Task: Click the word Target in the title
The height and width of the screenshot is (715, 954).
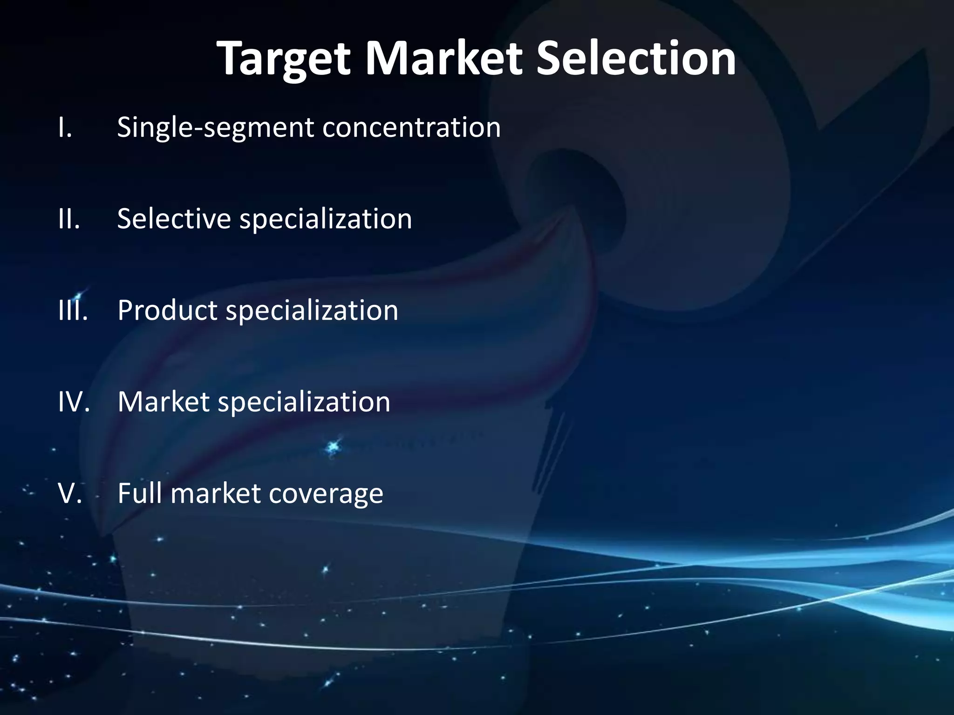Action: (x=283, y=60)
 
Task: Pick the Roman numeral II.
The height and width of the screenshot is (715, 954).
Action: (x=69, y=219)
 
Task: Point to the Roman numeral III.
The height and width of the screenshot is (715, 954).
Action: (x=73, y=310)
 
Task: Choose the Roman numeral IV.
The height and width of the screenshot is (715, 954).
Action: (x=74, y=401)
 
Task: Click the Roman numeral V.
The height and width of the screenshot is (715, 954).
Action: (x=70, y=493)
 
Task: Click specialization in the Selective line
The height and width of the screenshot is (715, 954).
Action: (x=326, y=220)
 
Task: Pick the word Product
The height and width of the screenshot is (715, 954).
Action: (x=167, y=310)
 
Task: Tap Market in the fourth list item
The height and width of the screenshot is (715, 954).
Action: (x=164, y=401)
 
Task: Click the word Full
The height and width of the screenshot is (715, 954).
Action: (x=140, y=493)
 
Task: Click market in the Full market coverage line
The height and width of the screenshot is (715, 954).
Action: (x=215, y=493)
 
